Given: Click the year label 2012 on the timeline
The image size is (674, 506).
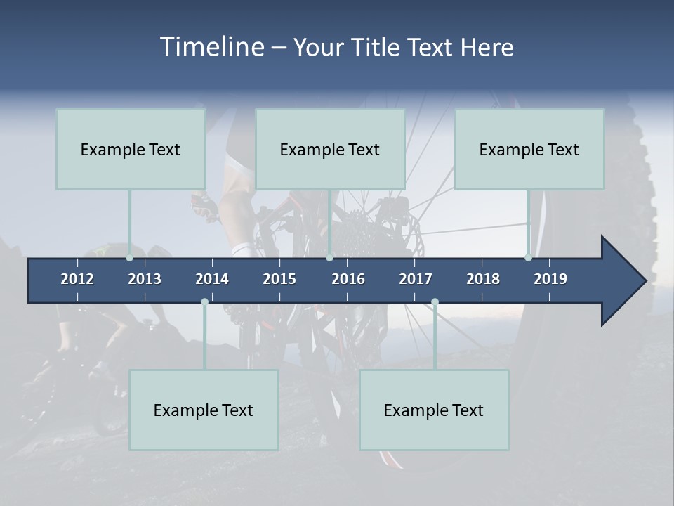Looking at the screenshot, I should (x=77, y=279).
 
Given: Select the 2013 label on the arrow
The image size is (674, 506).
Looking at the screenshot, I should (x=145, y=279).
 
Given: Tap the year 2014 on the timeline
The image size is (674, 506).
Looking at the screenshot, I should (x=212, y=279).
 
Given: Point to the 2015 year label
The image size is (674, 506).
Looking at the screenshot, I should (x=279, y=279).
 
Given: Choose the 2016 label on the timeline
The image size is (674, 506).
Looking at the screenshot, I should (x=348, y=279).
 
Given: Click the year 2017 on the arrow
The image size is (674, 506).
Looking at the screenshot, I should (x=416, y=279).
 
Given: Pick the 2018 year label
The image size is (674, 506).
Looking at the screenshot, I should (x=483, y=279).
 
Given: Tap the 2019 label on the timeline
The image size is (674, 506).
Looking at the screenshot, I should (x=550, y=279).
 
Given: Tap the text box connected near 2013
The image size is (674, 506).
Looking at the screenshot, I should (x=131, y=149).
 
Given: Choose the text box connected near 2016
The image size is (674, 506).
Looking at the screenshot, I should (x=330, y=149).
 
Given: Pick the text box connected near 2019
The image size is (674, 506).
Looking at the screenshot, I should (x=529, y=149).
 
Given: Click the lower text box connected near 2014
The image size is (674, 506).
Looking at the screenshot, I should (x=204, y=410).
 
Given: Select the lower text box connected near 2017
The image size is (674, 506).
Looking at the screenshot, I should (x=434, y=410).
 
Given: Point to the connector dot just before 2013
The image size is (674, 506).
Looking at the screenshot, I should (x=129, y=257).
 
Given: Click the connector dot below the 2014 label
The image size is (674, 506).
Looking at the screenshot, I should (x=204, y=302).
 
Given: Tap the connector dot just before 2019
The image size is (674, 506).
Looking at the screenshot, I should (x=528, y=257).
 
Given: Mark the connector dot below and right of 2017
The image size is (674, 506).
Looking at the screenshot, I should (x=435, y=302).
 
